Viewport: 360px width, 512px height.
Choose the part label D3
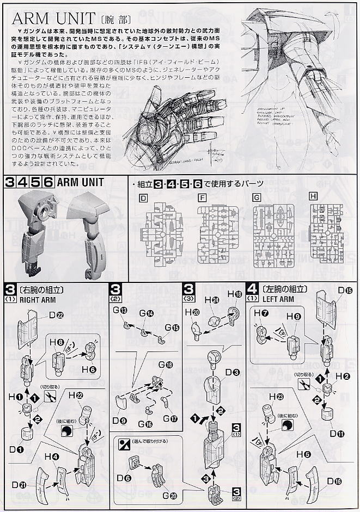point(232,372)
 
